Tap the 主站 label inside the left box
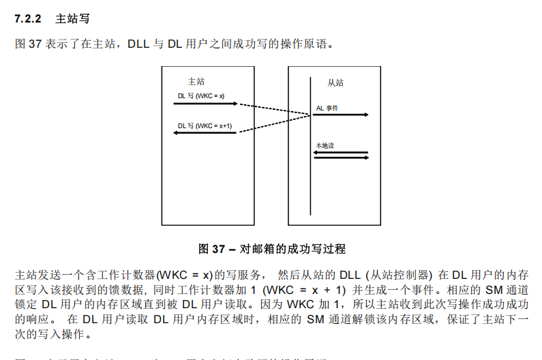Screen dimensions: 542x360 (196, 81)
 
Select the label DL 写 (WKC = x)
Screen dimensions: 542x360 (201, 96)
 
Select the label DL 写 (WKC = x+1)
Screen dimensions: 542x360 (205, 125)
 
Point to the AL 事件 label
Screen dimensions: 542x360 (327, 108)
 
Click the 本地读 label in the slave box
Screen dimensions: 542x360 (325, 146)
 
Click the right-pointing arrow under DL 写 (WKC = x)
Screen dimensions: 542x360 (205, 104)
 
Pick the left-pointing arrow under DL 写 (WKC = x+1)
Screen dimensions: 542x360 (205, 133)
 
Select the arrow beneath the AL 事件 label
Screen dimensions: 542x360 (341, 115)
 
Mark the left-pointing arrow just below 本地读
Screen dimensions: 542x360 (341, 153)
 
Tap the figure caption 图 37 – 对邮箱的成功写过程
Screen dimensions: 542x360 (271, 249)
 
